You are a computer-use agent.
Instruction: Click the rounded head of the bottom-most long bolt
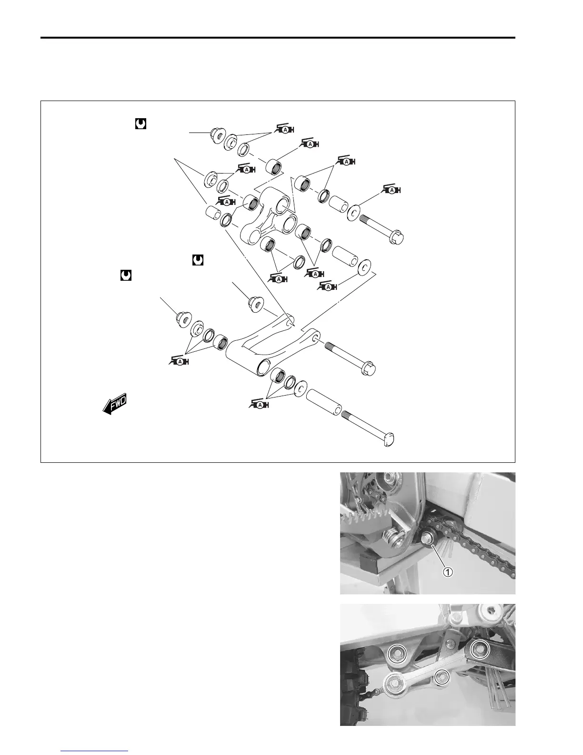coord(390,439)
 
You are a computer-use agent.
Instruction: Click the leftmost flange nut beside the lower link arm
coord(182,317)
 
